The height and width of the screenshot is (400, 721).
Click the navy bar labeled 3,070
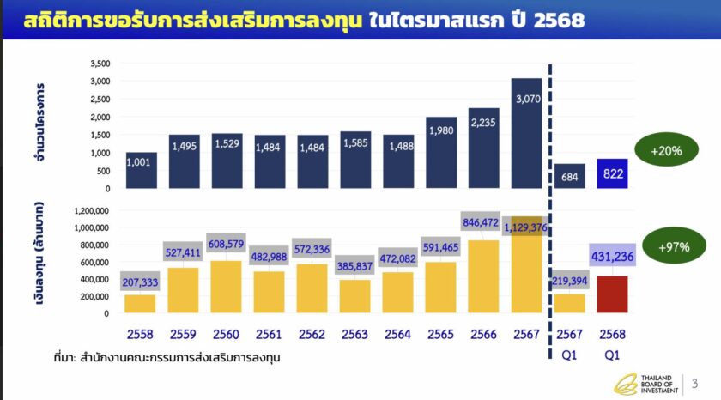click(x=527, y=133)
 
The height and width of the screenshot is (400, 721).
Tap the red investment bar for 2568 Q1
click(x=613, y=294)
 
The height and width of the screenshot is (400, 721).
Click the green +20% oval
click(x=667, y=149)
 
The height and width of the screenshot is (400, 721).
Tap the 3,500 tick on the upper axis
click(x=100, y=64)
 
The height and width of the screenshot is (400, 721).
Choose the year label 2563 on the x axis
click(x=355, y=333)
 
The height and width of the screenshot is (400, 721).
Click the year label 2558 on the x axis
click(x=141, y=333)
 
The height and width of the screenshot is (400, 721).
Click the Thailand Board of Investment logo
click(x=651, y=384)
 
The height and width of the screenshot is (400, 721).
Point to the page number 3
click(x=694, y=383)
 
